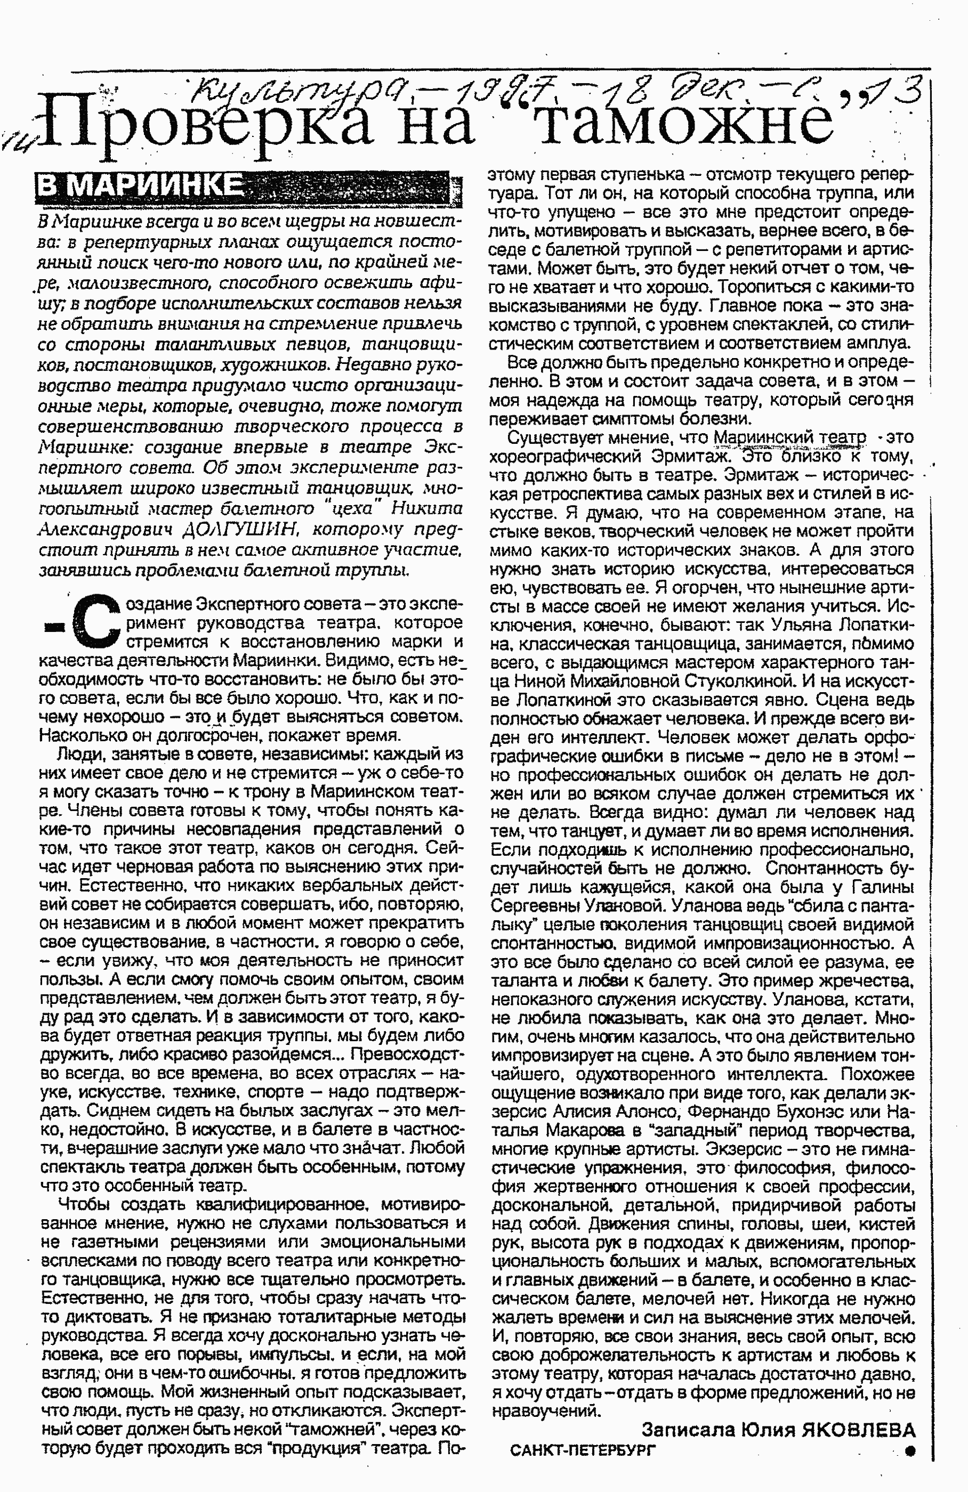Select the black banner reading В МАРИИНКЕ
coord(141,186)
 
